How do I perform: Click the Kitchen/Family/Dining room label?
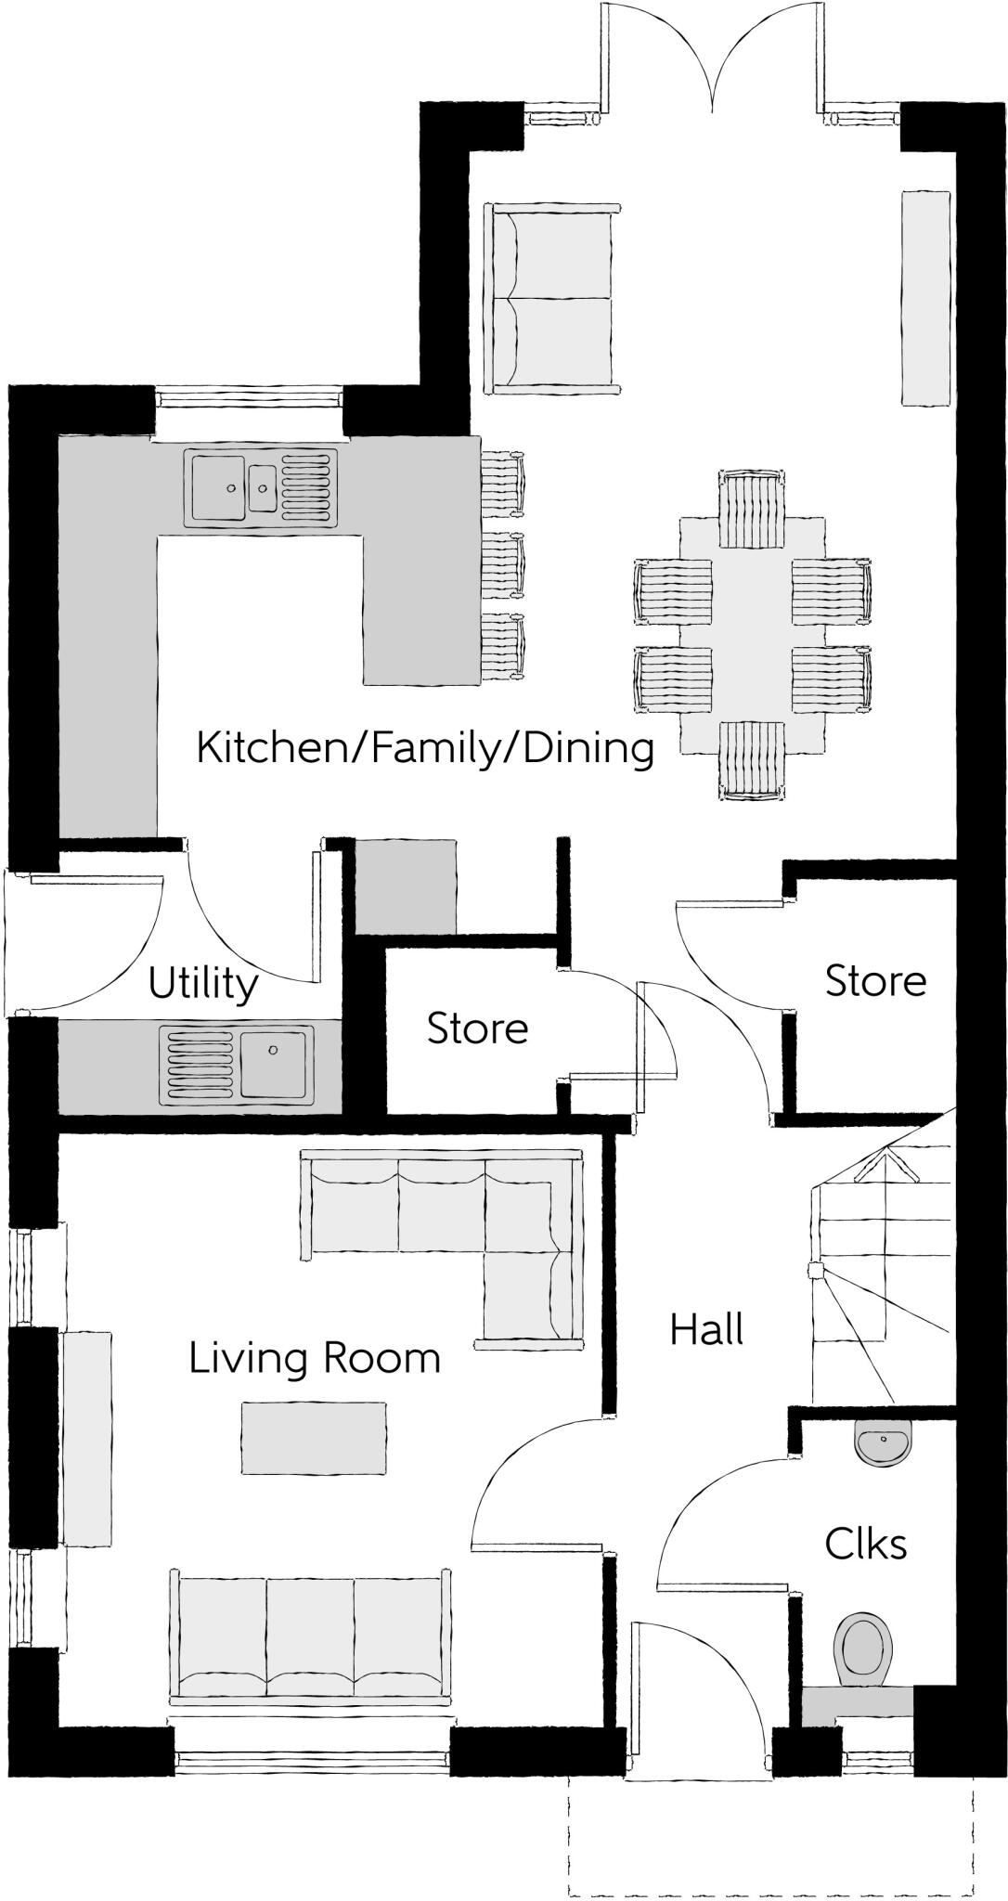425,748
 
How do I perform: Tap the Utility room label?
202,984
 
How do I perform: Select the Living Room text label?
315,1359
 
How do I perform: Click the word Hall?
706,1330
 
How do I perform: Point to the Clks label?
865,1545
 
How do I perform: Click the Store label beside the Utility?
477,1028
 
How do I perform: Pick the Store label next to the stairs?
875,981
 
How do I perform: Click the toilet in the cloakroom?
864,1647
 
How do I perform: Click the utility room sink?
237,1063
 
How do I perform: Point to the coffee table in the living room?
314,1437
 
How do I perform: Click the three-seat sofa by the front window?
310,1636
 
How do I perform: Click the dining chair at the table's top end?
752,509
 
